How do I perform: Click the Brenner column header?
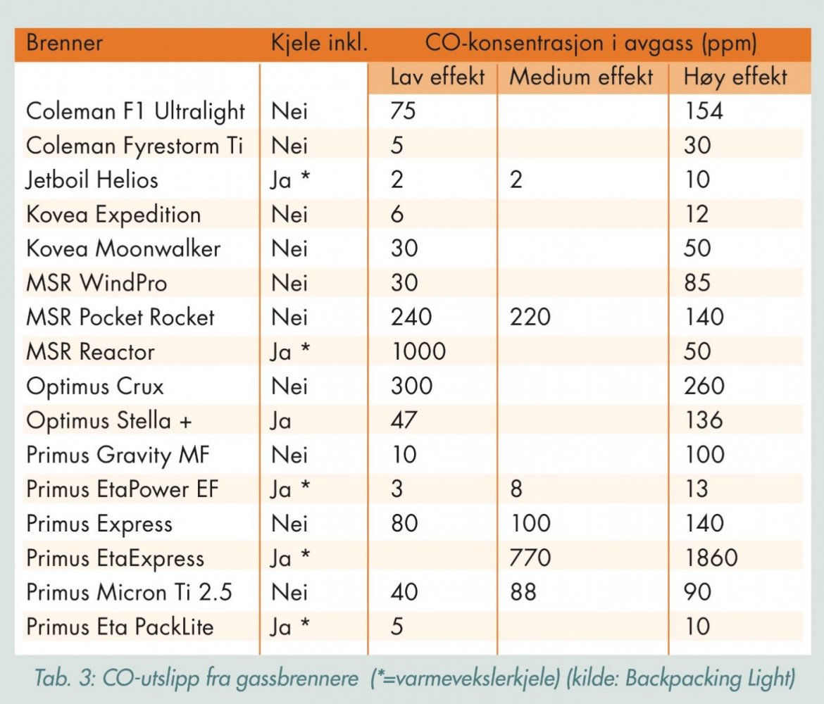coord(65,44)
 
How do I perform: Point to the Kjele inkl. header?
coord(319,44)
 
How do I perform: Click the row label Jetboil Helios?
coord(92,180)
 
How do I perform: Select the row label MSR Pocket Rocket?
coord(120,318)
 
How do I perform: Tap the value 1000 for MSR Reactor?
coord(418,352)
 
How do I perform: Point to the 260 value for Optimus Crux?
coord(704,386)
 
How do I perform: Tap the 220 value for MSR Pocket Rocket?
coord(530,318)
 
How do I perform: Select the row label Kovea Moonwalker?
coord(123,249)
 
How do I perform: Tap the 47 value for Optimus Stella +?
coord(404,421)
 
